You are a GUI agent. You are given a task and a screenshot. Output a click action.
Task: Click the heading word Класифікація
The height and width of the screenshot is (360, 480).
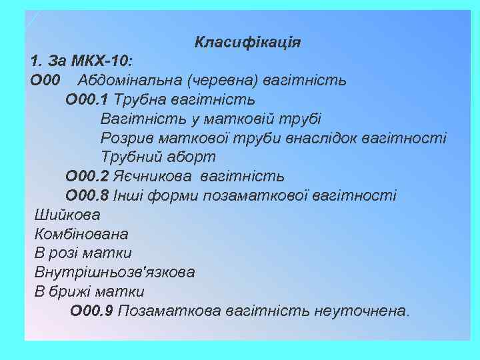pos(247,43)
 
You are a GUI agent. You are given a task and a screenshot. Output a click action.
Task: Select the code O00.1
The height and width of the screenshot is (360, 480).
pos(87,100)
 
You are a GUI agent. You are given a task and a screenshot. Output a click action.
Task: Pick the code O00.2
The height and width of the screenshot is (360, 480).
pos(87,177)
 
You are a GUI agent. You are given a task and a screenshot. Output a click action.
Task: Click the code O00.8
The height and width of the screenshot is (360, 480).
pos(87,196)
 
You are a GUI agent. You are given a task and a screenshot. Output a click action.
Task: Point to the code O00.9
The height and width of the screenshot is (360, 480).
pos(91,311)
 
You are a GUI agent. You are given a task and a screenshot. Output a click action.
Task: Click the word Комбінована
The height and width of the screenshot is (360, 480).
pos(81,234)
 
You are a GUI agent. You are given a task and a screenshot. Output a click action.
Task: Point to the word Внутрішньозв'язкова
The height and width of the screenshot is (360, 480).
pos(114,272)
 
